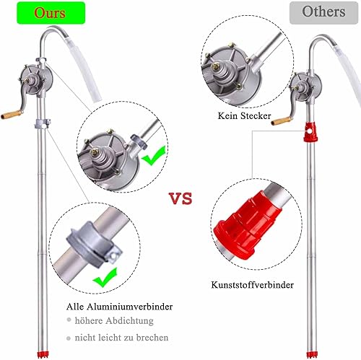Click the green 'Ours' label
(51, 13)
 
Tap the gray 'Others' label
(323, 12)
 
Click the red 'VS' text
(181, 198)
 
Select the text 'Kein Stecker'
(244, 115)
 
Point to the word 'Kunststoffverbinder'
(253, 285)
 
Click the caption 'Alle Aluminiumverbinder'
(120, 307)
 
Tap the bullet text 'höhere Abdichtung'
(114, 320)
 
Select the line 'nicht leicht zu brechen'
(121, 338)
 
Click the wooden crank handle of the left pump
(10, 115)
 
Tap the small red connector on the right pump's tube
(310, 132)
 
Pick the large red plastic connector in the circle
(248, 225)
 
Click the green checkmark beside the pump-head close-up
(154, 156)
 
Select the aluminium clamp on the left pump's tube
(42, 123)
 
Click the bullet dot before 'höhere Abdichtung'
(69, 320)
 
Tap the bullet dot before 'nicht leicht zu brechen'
(69, 338)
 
